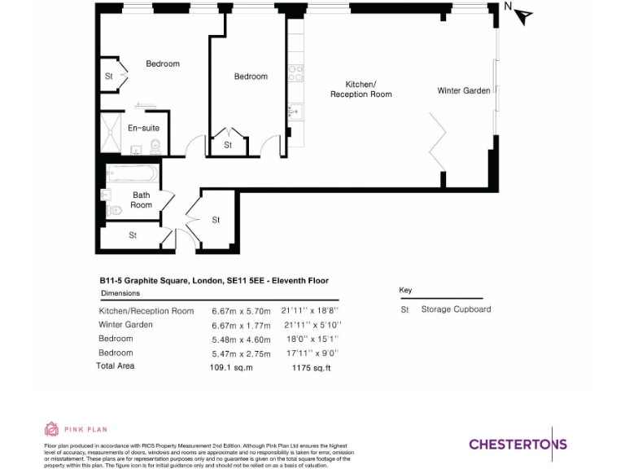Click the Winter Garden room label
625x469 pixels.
(x=464, y=90)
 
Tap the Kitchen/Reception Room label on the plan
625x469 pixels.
(x=361, y=90)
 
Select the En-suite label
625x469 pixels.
(x=143, y=128)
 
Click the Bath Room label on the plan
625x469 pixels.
(x=142, y=199)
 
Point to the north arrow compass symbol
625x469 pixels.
(x=521, y=14)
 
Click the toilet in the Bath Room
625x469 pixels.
(x=115, y=210)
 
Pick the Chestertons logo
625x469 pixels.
(x=518, y=444)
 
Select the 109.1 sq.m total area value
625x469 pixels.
(x=232, y=367)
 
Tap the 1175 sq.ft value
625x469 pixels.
(x=311, y=367)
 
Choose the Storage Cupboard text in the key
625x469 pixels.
(x=456, y=309)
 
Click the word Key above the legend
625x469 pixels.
(x=405, y=291)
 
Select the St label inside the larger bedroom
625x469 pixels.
(x=108, y=77)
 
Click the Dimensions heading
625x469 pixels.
(x=120, y=293)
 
